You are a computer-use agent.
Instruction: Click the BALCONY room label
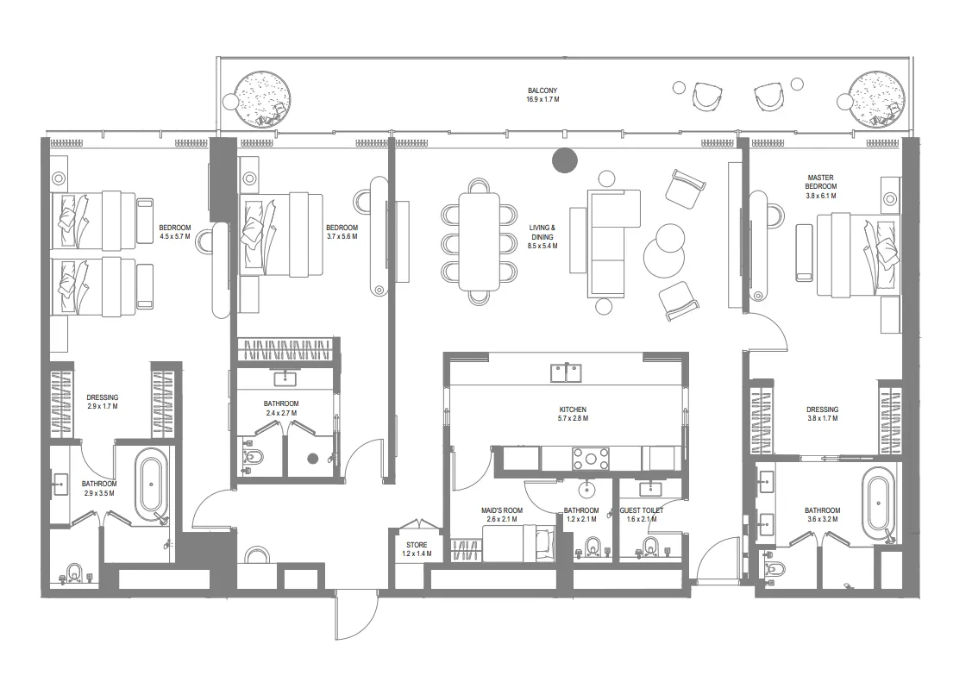(x=542, y=91)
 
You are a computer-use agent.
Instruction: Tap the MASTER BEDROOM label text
(x=820, y=181)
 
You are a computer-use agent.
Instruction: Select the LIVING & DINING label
(x=542, y=232)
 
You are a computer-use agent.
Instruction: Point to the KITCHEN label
(x=572, y=410)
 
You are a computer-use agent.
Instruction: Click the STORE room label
(x=417, y=545)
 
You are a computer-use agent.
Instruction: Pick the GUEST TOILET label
(x=642, y=510)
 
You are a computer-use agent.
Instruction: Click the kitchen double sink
(x=566, y=372)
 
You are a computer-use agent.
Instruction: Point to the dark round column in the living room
(x=564, y=159)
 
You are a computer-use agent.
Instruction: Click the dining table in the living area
(x=479, y=241)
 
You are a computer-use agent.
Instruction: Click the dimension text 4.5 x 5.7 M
(x=175, y=236)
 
